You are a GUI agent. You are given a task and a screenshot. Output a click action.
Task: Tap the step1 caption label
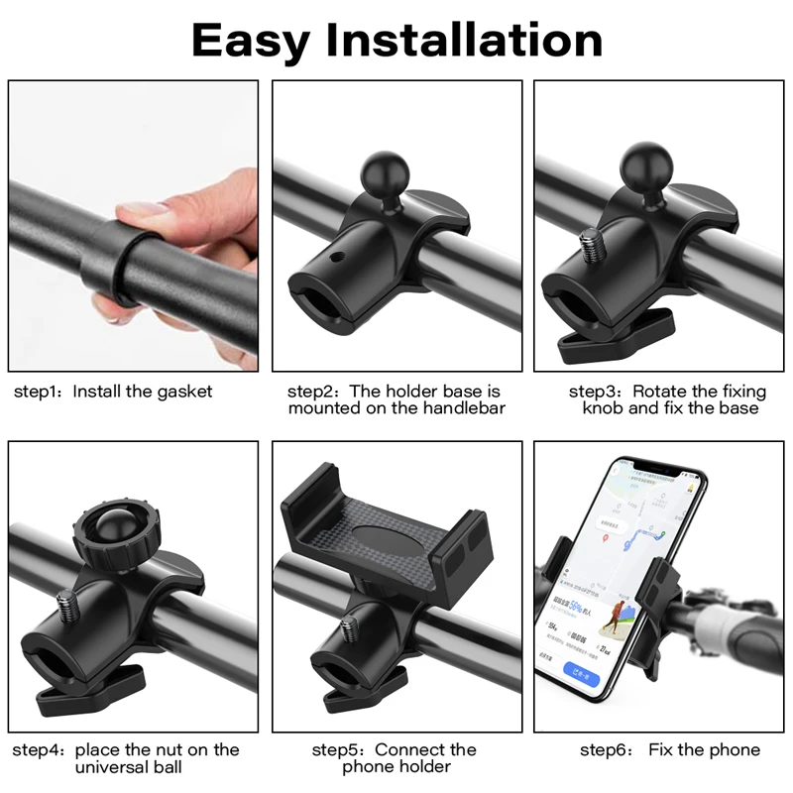coord(38,392)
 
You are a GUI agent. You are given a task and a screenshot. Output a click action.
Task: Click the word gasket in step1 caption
coord(184,392)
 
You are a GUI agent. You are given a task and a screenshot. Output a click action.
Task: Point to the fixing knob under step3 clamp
coord(613,339)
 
